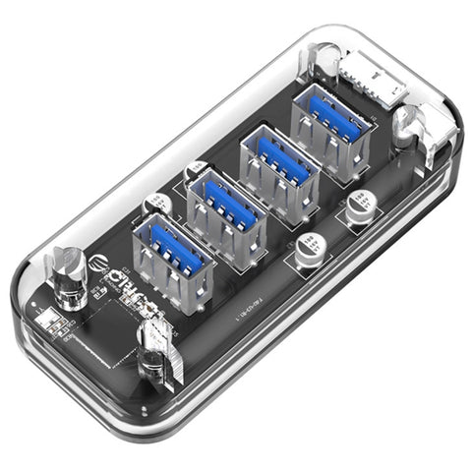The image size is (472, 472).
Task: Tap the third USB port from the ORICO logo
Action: point(279,167)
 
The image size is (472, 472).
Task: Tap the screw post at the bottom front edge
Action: point(154,354)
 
